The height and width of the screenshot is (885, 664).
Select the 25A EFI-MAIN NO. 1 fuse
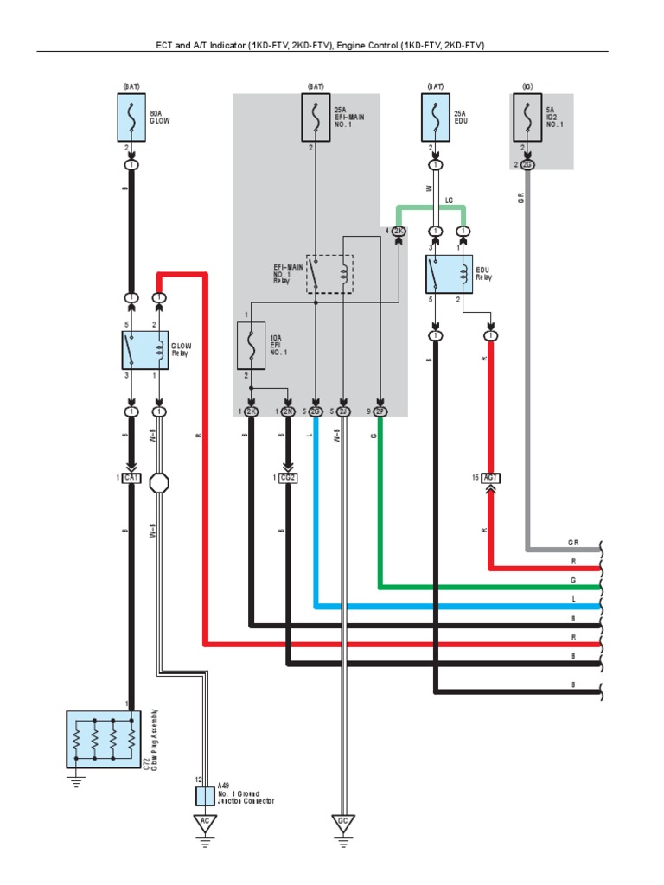(316, 118)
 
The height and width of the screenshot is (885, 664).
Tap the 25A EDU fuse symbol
(436, 118)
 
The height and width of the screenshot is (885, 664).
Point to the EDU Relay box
(449, 274)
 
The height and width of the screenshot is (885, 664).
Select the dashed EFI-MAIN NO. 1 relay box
(329, 274)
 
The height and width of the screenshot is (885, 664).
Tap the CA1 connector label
(131, 477)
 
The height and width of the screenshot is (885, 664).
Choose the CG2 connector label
(288, 477)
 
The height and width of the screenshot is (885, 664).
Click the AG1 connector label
(490, 477)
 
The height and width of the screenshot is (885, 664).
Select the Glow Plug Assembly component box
(104, 739)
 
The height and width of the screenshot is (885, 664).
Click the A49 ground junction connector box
(205, 795)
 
